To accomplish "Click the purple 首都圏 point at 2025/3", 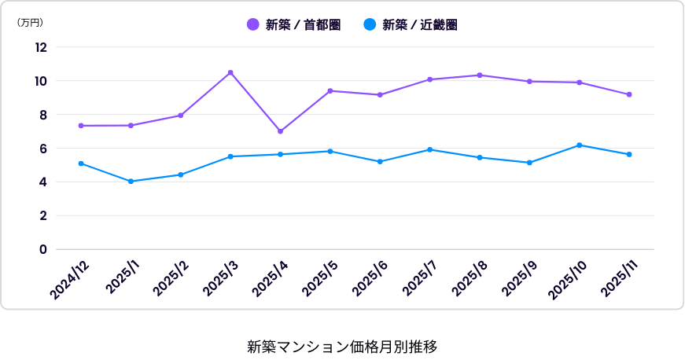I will point(230,72).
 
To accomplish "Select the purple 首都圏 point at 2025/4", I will point(280,131).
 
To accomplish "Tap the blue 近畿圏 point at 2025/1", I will point(131,182).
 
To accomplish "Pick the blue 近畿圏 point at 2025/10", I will point(580,145).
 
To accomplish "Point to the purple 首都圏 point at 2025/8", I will point(480,75).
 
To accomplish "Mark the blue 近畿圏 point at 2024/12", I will point(81,163).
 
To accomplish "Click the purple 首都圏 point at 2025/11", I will point(629,94).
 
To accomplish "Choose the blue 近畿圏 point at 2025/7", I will point(430,149).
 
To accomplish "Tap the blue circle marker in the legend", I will point(370,24).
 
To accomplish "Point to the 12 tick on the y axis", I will point(41,47).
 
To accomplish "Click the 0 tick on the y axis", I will point(43,249).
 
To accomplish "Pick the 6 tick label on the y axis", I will point(43,149).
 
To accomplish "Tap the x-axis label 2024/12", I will point(70,280).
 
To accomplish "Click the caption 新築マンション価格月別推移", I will point(342,346).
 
